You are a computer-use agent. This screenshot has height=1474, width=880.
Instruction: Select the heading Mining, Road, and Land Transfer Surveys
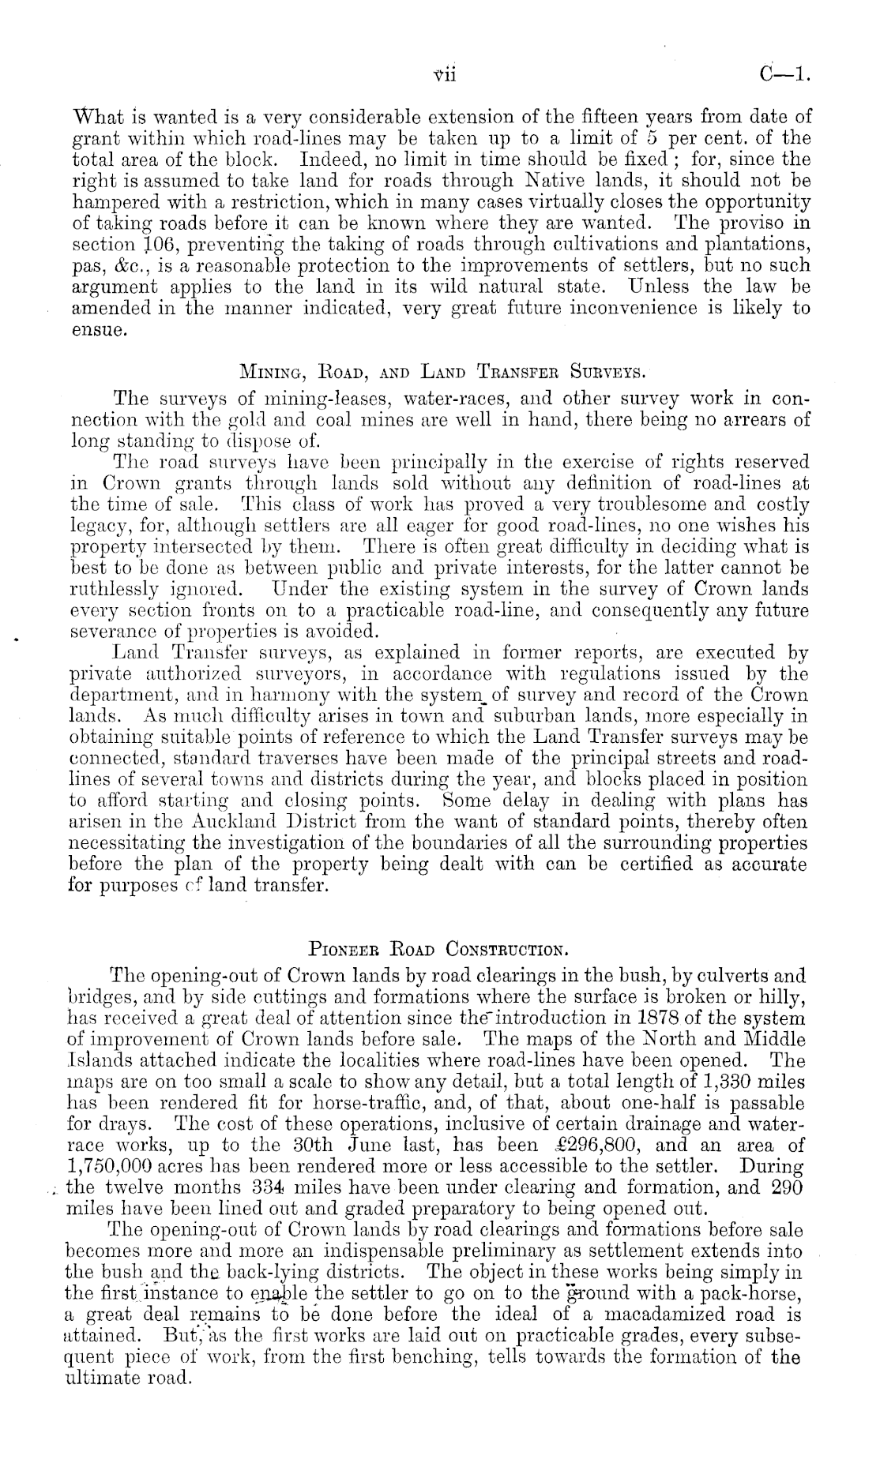(446, 369)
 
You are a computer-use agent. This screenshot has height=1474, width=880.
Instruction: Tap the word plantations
(761, 223)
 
